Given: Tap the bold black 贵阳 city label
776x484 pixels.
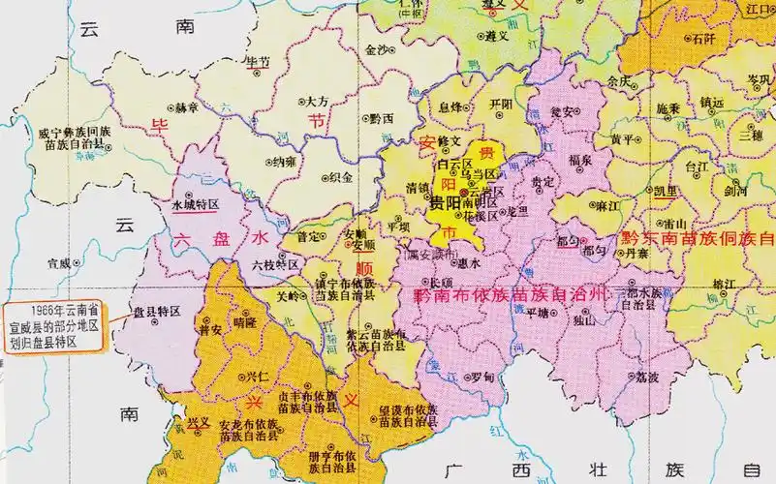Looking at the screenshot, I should [445, 205].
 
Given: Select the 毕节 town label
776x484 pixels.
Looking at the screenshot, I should [260, 61].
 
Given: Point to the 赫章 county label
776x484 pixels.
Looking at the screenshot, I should [186, 106].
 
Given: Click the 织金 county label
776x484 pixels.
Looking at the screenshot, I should [341, 177].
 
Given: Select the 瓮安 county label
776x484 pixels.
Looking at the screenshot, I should [562, 111].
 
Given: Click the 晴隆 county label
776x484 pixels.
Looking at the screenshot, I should [245, 324].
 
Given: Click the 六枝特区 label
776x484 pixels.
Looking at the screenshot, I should [274, 263].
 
